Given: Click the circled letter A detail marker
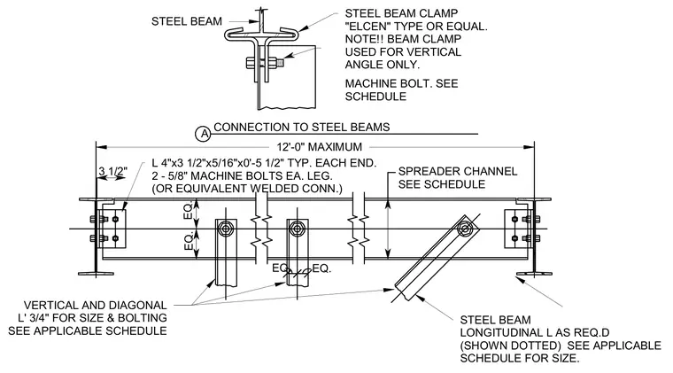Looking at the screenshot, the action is [x=204, y=134].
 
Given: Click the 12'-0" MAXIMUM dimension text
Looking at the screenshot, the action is [x=320, y=147].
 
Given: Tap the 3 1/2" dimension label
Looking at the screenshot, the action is [x=112, y=171].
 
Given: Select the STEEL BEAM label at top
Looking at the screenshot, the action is [x=187, y=21].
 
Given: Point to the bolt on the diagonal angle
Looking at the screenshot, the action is [x=464, y=229].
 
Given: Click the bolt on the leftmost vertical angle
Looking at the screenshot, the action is [x=226, y=229].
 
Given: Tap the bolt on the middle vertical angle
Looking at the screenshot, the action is [x=297, y=229].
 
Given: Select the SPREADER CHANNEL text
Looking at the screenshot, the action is [x=458, y=171].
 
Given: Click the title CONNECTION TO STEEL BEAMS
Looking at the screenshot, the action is [x=302, y=127].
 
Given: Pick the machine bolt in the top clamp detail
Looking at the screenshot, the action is [x=265, y=63].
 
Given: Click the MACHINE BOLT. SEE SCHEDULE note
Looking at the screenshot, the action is [x=401, y=89].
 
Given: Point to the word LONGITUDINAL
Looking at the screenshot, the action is [x=505, y=332].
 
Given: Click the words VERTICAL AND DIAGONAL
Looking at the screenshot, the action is [x=96, y=305].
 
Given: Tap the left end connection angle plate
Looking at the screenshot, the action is [x=112, y=229].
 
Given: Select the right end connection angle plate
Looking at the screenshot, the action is [x=518, y=229].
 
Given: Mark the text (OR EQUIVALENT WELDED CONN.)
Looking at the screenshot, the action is [x=247, y=189].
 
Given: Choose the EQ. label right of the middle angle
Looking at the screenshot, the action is [x=321, y=268].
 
